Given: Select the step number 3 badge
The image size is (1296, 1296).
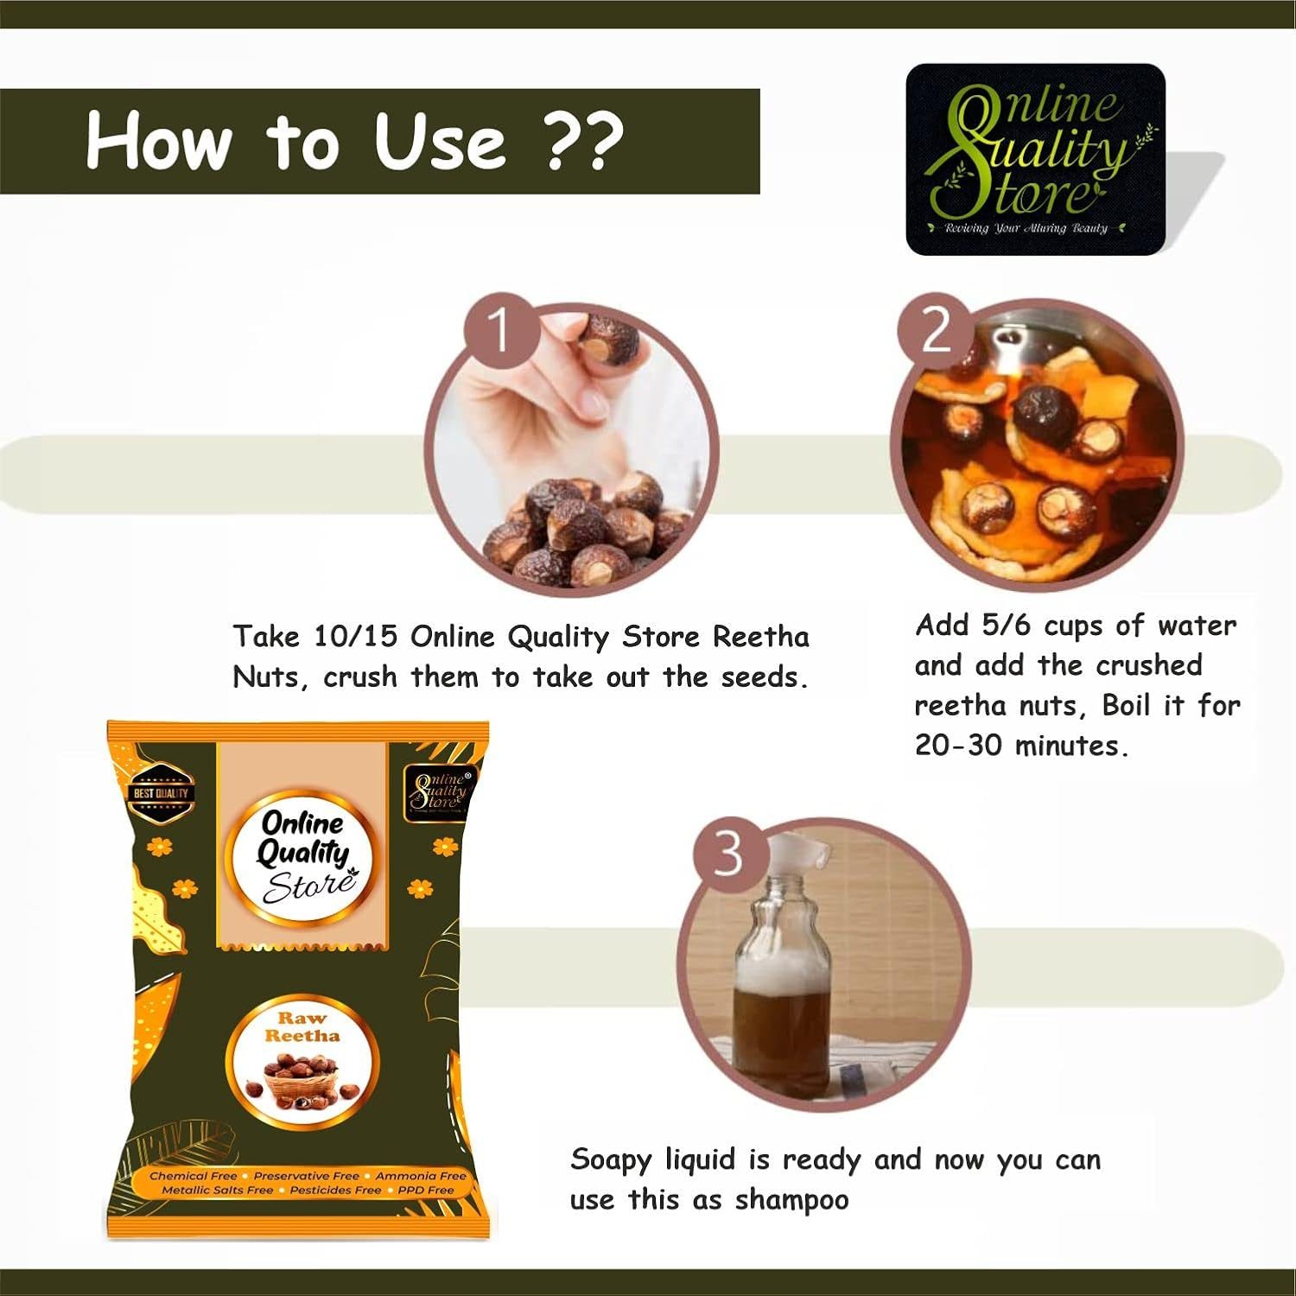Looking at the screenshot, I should [728, 853].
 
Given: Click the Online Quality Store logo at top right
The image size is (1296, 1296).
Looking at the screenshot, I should [1035, 160].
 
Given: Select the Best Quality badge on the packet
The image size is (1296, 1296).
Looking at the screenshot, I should [161, 792].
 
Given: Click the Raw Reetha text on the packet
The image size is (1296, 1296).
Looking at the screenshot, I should [302, 1026].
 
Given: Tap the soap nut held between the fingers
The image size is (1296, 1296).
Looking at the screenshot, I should [609, 340].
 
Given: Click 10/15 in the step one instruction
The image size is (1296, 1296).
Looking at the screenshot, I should [355, 637].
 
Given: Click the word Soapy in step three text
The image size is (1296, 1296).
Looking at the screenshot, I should [610, 1160].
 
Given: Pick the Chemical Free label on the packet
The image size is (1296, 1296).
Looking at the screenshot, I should [193, 1176].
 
